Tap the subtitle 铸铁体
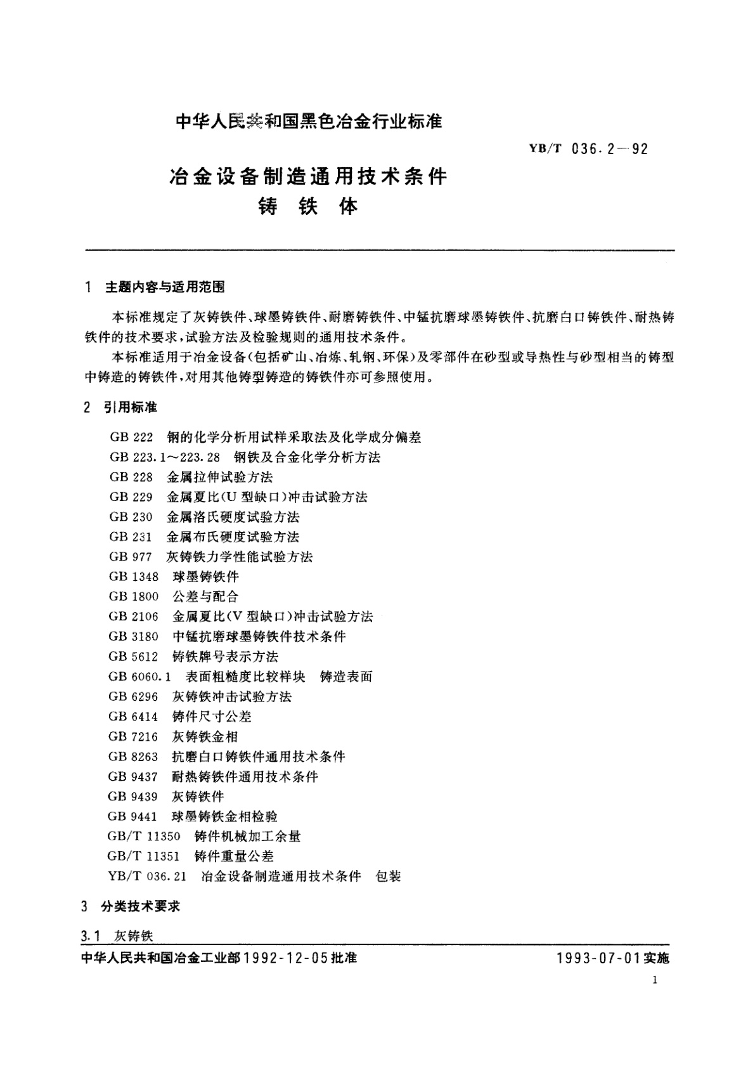tap(308, 207)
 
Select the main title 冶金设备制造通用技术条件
tap(307, 176)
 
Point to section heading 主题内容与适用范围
tap(165, 287)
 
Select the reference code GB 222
tap(131, 437)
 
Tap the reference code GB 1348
tap(134, 576)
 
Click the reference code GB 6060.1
tap(139, 677)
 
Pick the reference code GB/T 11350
tap(144, 837)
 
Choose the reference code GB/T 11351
tap(144, 856)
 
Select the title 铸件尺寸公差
tap(212, 717)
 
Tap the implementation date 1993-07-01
tap(599, 958)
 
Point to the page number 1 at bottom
tap(654, 980)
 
